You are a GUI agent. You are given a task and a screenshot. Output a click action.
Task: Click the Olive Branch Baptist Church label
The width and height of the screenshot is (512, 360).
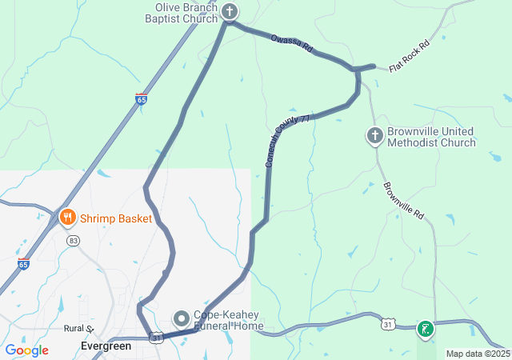point(186,13)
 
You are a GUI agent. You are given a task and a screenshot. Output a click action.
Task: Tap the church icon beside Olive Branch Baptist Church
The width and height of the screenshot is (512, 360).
point(230,11)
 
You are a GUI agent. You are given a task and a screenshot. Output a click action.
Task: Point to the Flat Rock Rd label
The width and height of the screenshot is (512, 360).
point(409,56)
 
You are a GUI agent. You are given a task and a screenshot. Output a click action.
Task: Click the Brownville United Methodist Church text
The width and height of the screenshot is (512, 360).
point(431,137)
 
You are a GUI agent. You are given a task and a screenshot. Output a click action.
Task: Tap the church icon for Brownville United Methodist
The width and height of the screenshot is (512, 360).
point(374,136)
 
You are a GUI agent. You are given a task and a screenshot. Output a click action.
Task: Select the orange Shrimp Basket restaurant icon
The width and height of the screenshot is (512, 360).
point(67,217)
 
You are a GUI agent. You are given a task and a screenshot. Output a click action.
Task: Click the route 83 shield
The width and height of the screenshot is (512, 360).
point(74,240)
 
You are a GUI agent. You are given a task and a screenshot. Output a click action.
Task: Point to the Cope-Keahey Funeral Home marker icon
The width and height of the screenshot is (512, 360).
point(181,318)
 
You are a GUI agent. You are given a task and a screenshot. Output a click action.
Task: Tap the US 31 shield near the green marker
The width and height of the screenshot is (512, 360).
point(388,324)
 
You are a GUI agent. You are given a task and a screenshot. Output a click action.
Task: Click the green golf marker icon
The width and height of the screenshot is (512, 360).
point(426,328)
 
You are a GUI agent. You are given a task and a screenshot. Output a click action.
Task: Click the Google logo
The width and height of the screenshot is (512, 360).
point(26,350)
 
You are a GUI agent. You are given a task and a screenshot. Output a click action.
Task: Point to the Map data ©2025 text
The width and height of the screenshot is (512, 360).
point(478,354)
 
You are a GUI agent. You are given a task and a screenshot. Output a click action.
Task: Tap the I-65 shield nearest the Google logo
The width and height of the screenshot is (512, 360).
point(23,264)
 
